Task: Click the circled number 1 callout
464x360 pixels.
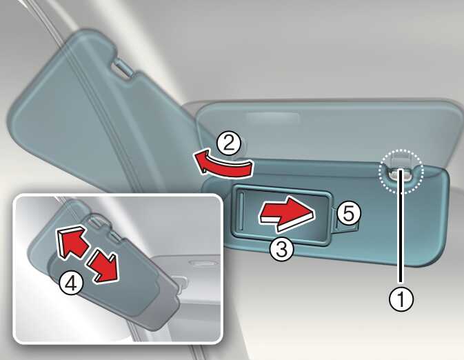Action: click(401, 299)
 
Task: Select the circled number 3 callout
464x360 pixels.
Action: click(282, 249)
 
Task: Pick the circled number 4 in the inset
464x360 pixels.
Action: click(71, 283)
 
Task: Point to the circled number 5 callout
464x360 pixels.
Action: click(349, 214)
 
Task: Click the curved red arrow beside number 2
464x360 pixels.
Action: click(223, 166)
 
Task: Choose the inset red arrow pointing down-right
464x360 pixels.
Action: click(103, 265)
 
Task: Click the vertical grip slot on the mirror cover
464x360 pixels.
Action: click(242, 212)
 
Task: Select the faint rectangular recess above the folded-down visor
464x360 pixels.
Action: click(273, 118)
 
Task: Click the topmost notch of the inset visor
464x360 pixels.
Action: click(95, 221)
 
